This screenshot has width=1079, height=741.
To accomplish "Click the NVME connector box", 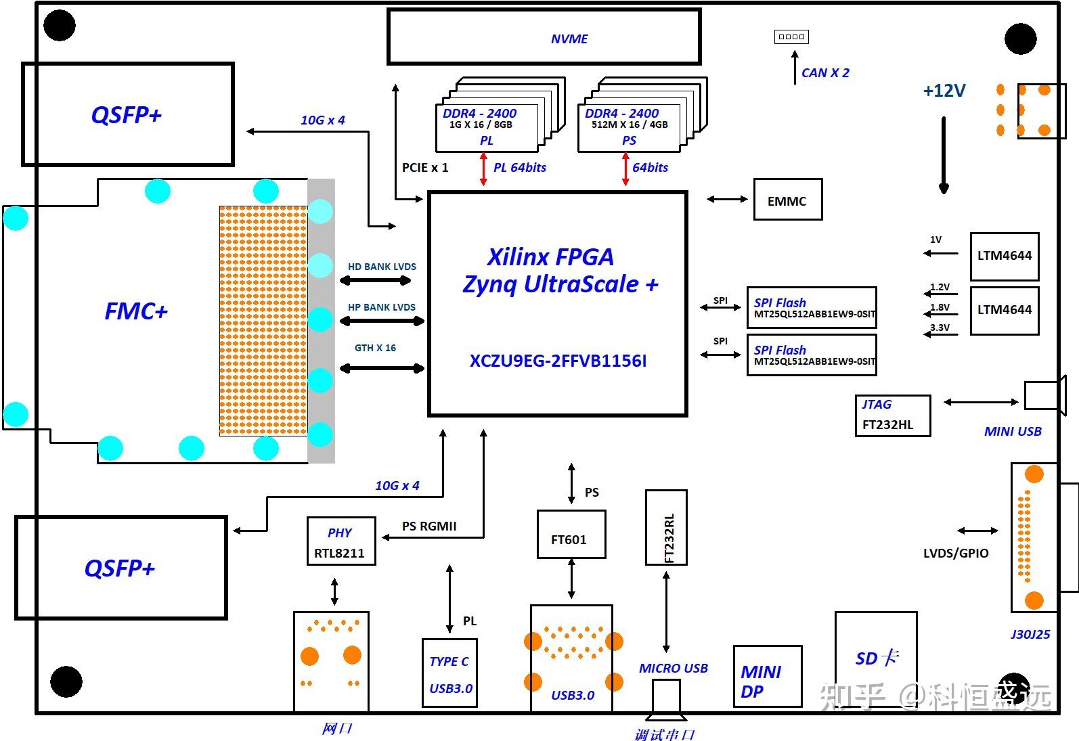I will pos(544,37).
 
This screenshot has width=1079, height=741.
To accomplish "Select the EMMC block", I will pos(787,200).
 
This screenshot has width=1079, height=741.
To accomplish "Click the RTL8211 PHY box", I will pos(340,541).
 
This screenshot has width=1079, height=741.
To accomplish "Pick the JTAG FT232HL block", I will pos(892,416).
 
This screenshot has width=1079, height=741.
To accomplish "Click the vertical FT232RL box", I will pos(666,527).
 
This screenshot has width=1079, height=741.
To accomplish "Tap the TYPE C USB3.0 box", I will pos(449,673).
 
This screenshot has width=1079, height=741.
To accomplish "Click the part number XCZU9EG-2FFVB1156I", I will pos(558,361).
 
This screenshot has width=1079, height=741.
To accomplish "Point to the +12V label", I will pos(944,91).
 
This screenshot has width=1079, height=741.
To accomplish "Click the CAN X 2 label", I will pos(824,73).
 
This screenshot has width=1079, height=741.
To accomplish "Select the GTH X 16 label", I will pos(375,348).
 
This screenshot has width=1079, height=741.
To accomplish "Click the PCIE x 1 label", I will pos(424,168).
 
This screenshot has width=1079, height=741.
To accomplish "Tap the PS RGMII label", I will pos(428,526).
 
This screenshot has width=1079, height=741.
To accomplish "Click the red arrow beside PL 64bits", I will pos(483,169).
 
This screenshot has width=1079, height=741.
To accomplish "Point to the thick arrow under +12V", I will pos(944,156).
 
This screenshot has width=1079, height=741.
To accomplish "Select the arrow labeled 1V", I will pos(941,253).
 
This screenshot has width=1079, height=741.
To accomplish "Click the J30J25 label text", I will pos(1030,635).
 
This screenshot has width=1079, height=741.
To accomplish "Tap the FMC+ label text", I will pos(135,311).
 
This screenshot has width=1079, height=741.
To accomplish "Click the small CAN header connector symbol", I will pos(791,37).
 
